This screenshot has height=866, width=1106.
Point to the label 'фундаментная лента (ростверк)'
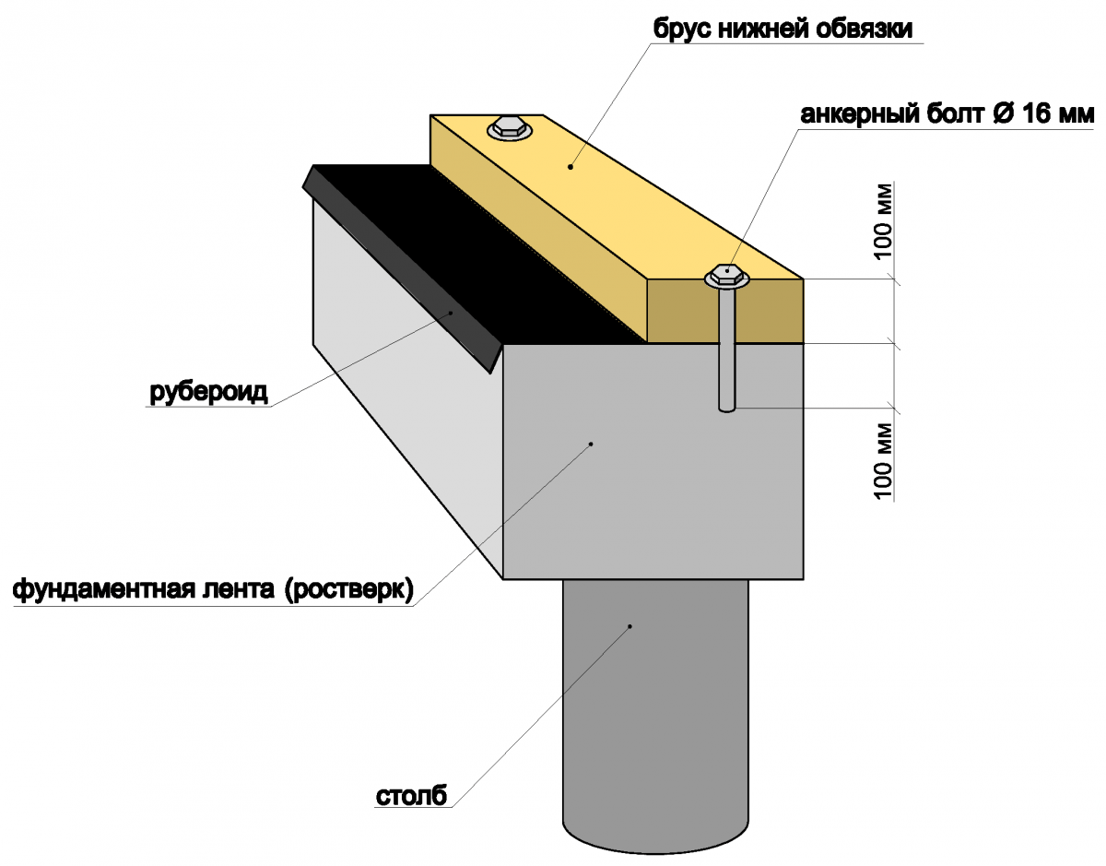[213, 588]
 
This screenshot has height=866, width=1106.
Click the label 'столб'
[411, 796]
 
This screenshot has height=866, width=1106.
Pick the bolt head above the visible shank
[728, 274]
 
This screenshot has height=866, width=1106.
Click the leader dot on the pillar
[630, 626]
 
